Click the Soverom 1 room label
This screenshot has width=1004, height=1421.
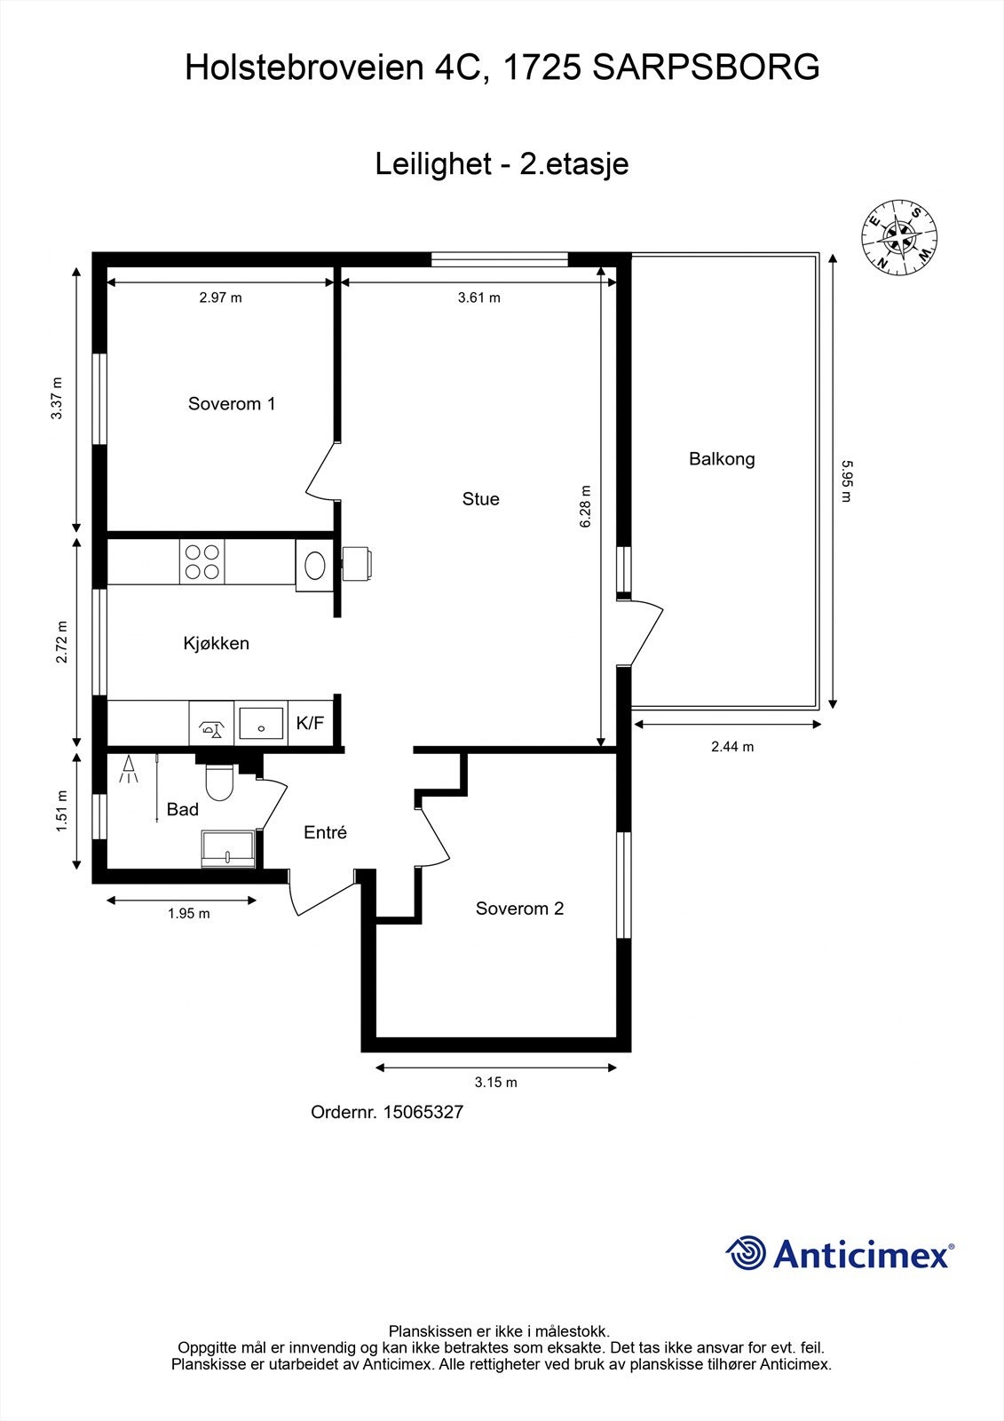231,404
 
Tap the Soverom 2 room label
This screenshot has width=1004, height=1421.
519,909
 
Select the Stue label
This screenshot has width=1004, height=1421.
480,499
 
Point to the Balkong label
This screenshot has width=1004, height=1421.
722,459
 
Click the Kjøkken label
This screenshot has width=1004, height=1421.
216,643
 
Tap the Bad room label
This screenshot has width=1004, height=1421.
183,809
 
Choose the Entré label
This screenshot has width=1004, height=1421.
325,832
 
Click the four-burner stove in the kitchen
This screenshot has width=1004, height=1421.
202,561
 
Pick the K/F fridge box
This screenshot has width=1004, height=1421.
310,723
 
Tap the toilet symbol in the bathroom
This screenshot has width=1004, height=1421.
218,782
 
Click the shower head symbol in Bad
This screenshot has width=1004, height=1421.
129,769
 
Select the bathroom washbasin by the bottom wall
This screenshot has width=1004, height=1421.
229,849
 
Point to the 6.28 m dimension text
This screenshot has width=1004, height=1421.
586,506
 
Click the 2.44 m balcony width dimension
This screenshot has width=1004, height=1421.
732,747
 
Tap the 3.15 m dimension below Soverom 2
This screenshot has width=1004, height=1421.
495,1083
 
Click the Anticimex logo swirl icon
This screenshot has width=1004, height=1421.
746,1254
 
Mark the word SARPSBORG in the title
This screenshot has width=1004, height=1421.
706,68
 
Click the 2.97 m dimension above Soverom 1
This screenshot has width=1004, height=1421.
220,298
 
